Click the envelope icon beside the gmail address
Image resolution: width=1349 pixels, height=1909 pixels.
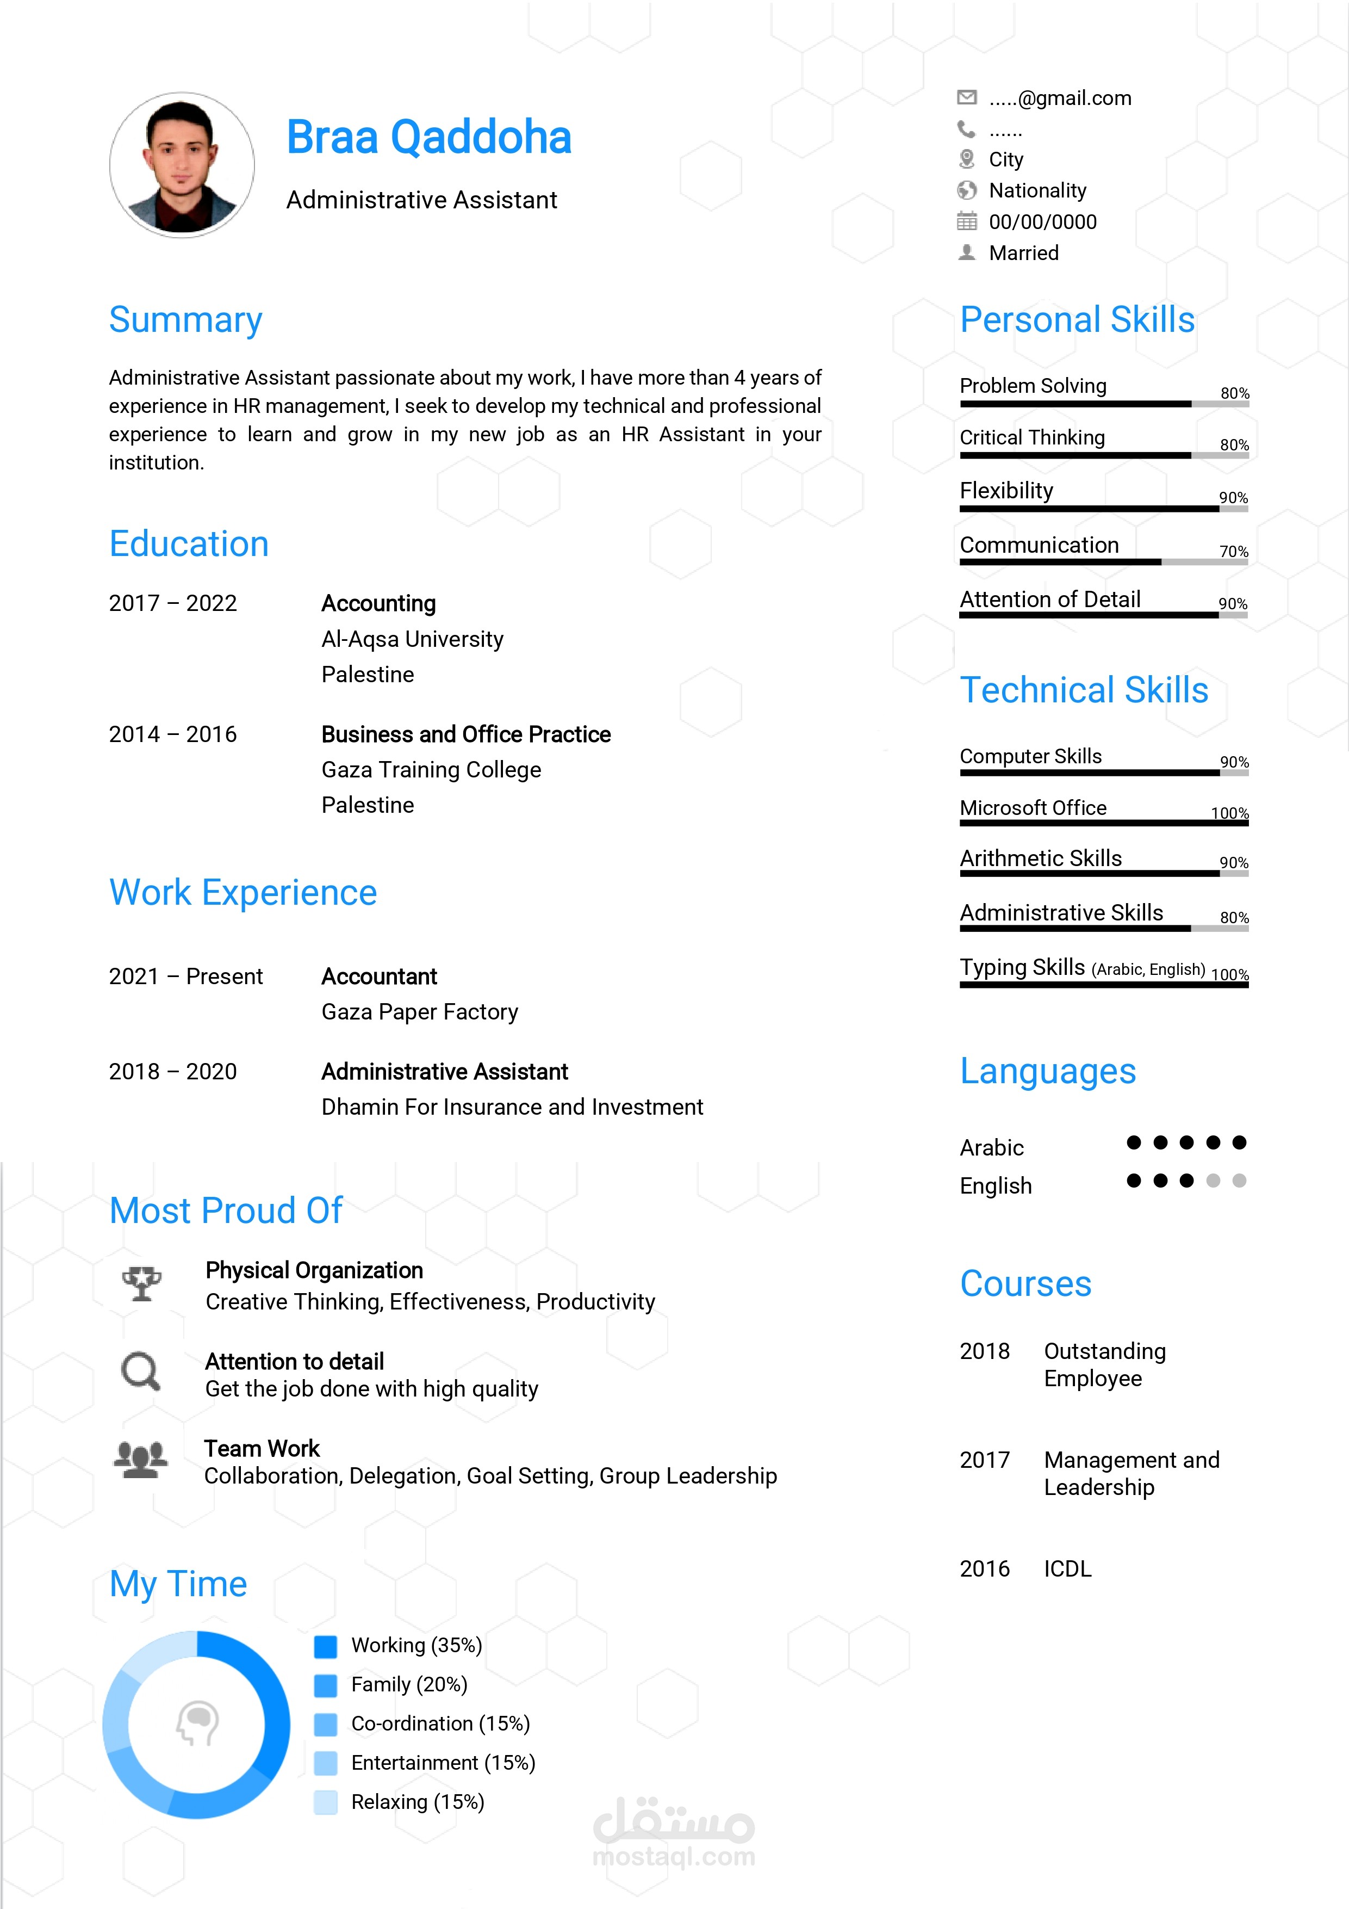click(x=967, y=97)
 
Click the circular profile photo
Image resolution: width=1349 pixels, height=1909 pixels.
click(x=182, y=165)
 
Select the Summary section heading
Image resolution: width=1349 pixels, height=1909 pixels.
click(x=185, y=320)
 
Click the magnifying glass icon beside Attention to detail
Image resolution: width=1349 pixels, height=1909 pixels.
click(x=140, y=1371)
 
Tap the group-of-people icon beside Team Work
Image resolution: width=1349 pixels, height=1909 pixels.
click(x=140, y=1459)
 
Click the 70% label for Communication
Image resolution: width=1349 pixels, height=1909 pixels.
click(x=1234, y=551)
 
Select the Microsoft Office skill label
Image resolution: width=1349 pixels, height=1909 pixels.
click(x=1033, y=808)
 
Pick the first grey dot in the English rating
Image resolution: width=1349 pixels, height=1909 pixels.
click(x=1214, y=1181)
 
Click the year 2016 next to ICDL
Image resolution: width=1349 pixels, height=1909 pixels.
click(x=985, y=1569)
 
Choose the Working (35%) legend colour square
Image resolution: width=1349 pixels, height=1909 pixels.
click(x=326, y=1646)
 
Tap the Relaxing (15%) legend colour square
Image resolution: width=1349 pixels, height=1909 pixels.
click(x=326, y=1802)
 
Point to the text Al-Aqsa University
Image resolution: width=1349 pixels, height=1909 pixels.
click(x=412, y=639)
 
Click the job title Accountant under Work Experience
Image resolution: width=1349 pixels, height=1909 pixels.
click(x=379, y=977)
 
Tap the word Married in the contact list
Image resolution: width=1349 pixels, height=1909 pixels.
click(x=1024, y=254)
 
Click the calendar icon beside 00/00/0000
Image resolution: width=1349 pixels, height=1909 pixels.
click(x=967, y=221)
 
